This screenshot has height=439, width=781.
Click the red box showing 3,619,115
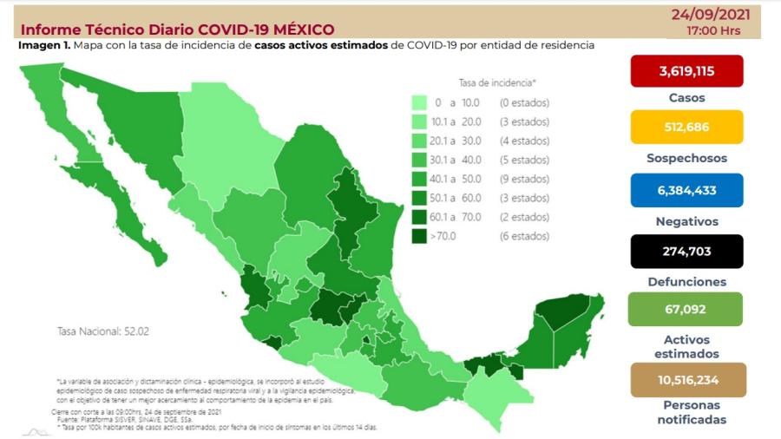(x=687, y=71)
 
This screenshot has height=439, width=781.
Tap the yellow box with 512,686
(x=687, y=127)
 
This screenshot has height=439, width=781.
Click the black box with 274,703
(x=687, y=251)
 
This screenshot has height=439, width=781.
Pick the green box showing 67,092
(x=686, y=309)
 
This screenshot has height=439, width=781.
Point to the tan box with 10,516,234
(x=686, y=379)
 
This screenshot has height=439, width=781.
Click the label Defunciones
(x=687, y=282)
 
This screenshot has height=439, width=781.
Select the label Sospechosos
(x=687, y=158)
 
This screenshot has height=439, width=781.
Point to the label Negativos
(x=687, y=221)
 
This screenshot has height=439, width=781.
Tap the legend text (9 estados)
(x=524, y=179)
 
